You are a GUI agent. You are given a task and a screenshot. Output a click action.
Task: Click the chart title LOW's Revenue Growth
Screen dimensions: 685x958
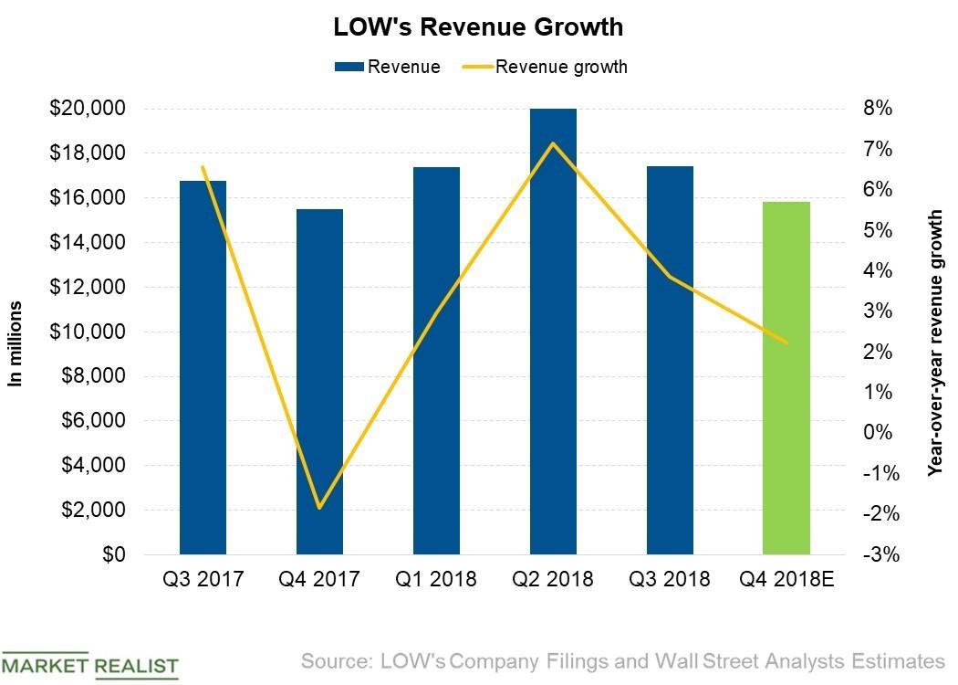478,27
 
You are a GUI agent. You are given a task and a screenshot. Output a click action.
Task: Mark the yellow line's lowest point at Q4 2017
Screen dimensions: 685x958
319,508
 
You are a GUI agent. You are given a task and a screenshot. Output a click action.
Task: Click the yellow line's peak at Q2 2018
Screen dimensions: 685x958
553,143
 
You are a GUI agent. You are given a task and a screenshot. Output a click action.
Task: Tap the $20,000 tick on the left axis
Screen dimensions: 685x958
89,109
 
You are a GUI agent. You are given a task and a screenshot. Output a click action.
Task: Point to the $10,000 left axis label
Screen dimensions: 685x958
89,332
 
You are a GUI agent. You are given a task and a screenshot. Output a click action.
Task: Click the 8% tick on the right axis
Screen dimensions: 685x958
877,109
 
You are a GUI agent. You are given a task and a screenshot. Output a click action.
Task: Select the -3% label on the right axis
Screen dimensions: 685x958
877,554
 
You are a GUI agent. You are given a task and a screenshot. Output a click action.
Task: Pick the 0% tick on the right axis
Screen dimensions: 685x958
877,433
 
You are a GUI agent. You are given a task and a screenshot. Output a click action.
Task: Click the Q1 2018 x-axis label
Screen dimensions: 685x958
436,579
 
